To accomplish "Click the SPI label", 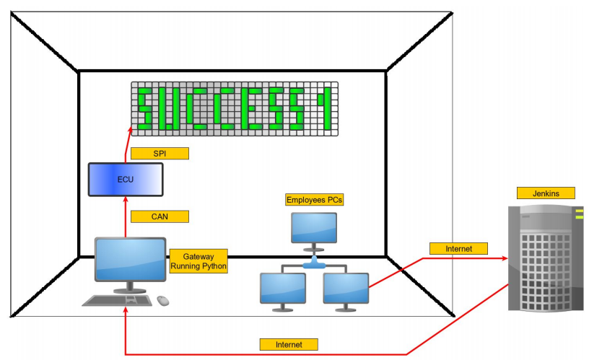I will (x=160, y=153).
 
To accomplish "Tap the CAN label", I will (x=160, y=216).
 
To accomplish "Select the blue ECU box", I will (x=126, y=180).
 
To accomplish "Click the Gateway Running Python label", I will (x=199, y=260).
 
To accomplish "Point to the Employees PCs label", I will (x=314, y=200).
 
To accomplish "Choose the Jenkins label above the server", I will (x=546, y=193).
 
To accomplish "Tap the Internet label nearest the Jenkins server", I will (x=458, y=248).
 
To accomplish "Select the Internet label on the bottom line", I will (x=289, y=344).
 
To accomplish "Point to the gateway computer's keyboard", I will (x=115, y=300).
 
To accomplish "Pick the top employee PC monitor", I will (x=314, y=227).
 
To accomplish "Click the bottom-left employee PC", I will (x=282, y=289).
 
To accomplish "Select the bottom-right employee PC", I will (x=346, y=289).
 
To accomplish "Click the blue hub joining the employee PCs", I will (x=314, y=265).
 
